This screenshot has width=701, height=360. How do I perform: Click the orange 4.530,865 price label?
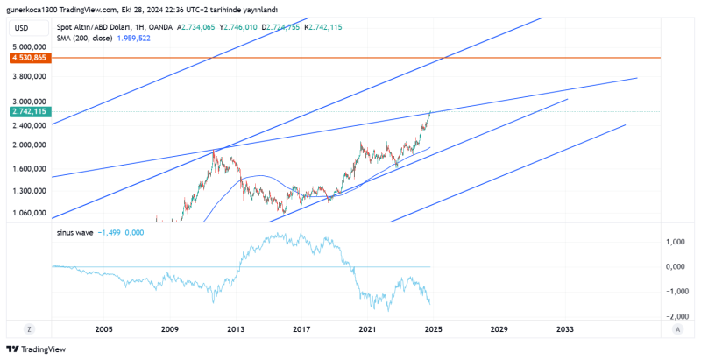(29, 58)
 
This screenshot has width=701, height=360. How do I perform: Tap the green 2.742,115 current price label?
(29, 112)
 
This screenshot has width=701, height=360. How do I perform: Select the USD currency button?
(22, 28)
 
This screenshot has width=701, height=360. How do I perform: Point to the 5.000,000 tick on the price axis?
(30, 46)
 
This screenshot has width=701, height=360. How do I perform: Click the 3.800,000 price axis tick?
(30, 76)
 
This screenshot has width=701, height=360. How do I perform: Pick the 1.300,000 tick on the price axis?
(30, 190)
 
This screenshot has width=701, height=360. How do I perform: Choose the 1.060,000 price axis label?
(30, 212)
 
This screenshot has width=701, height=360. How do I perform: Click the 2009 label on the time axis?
(170, 329)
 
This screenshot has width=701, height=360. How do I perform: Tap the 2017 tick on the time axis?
(301, 329)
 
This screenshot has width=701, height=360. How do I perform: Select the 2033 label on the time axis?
(565, 329)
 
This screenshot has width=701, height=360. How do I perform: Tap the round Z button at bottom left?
(29, 329)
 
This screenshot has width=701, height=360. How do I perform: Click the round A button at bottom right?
(677, 329)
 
